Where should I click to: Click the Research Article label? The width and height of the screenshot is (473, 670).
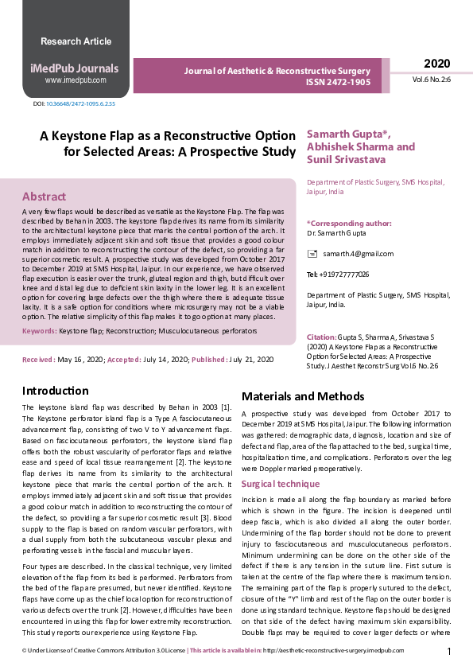76,41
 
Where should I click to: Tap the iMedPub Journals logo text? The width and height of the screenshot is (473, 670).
76,68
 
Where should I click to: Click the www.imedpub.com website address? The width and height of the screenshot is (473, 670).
76,80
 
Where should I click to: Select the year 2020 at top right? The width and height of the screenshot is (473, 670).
436,64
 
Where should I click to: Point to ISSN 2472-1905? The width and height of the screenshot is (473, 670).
338,81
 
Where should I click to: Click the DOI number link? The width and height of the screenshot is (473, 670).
80,104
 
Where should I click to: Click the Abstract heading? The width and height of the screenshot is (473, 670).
44,197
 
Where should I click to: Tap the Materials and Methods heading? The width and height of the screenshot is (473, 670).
303,396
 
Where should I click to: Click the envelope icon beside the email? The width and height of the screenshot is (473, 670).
312,254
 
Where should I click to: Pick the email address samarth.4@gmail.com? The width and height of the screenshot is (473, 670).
358,254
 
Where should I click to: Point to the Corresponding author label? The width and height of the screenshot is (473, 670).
349,224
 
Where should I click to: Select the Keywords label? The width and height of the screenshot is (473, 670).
39,330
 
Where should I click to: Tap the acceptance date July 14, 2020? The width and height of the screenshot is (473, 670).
165,360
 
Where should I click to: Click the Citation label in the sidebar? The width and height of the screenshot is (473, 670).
321,337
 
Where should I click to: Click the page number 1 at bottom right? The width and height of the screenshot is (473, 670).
449,652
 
